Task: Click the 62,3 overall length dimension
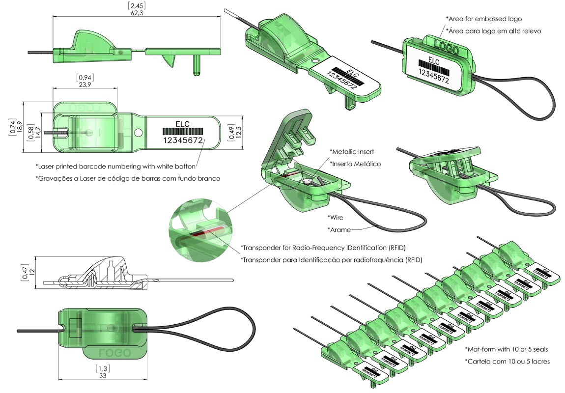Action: point(136,13)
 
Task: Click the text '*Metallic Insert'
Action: point(352,151)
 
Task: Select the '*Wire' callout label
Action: point(336,217)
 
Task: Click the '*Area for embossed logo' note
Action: point(483,19)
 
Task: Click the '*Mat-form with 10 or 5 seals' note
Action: point(507,349)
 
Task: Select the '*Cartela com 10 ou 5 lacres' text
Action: point(507,361)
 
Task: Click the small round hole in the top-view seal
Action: point(139,132)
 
